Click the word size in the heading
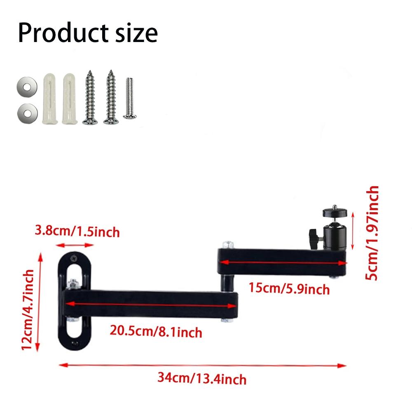point(134,33)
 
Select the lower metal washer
point(25,112)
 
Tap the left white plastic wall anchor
point(49,99)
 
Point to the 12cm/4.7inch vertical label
point(28,309)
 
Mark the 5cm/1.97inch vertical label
point(372,233)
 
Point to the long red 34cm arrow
point(202,364)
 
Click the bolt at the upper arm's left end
point(227,246)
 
